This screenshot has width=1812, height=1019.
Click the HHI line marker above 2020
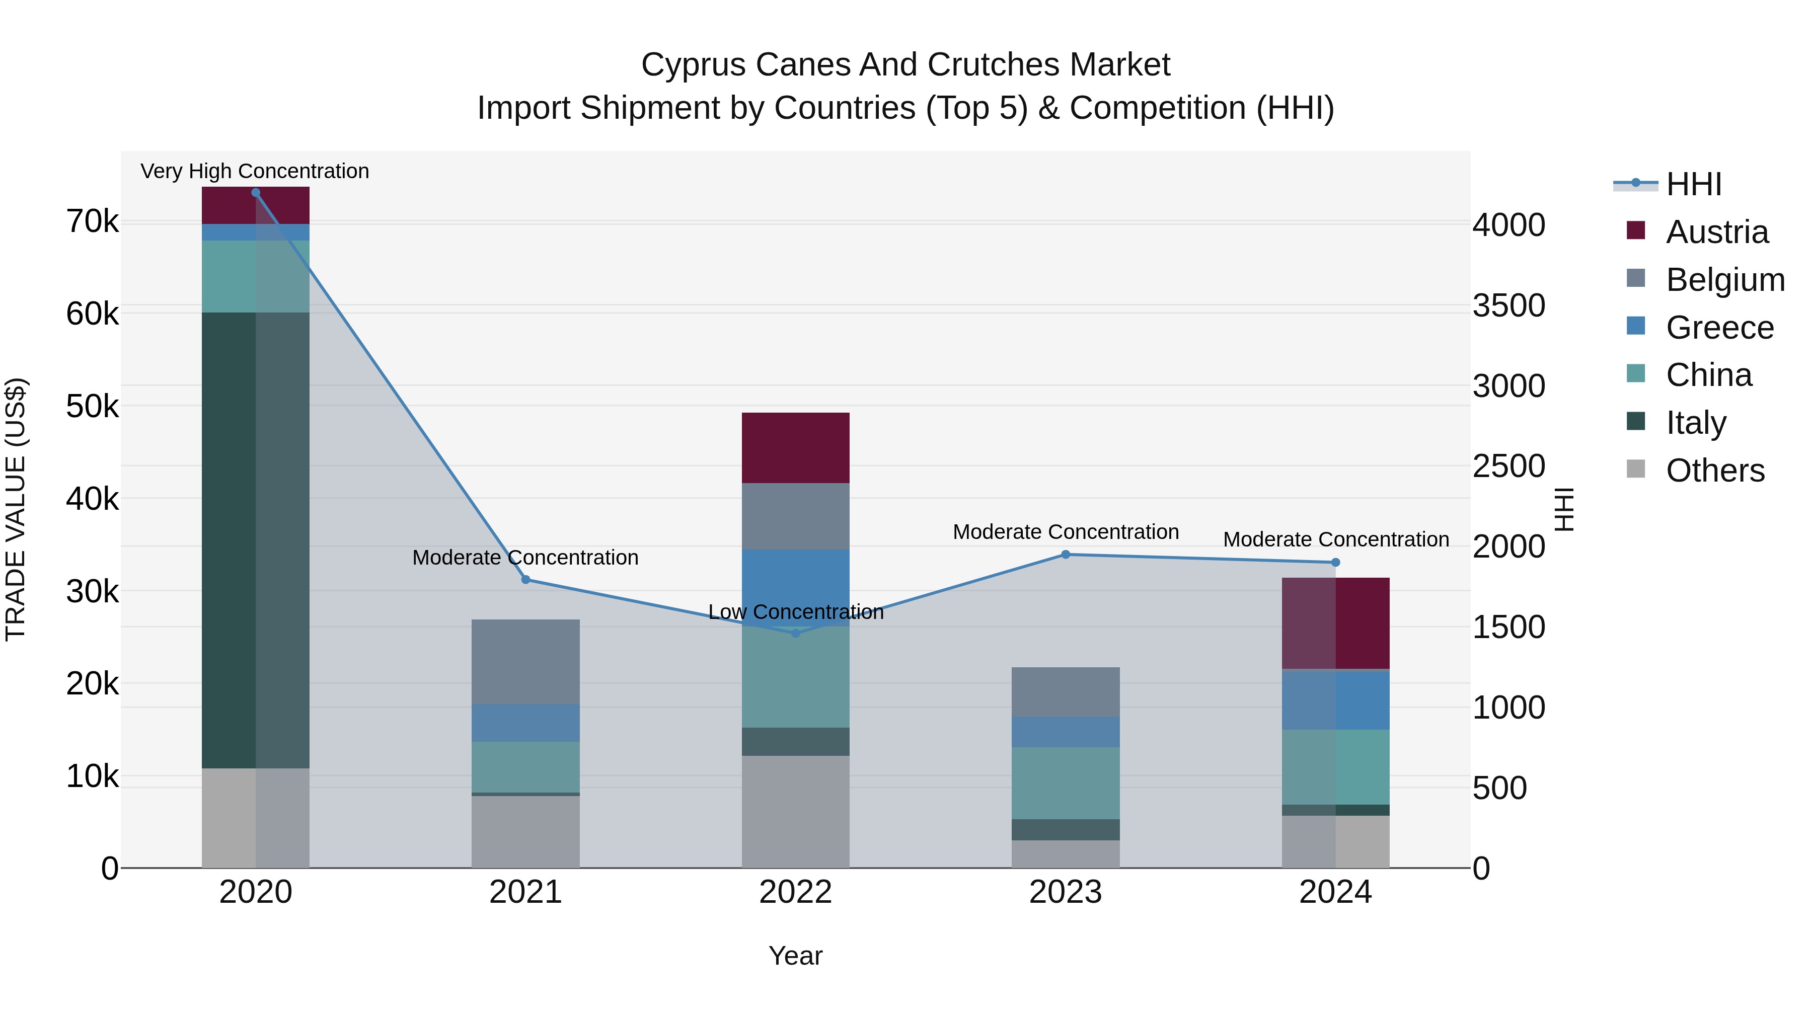tap(255, 193)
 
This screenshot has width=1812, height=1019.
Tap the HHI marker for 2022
tap(796, 634)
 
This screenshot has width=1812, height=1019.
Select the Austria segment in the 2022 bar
tap(796, 448)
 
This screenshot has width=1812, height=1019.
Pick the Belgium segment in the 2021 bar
tap(525, 662)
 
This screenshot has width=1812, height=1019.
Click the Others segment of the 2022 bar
tap(796, 812)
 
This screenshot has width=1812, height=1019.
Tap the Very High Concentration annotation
tap(255, 172)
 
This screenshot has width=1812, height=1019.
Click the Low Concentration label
tap(796, 612)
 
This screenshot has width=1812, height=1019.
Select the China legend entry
tap(1709, 375)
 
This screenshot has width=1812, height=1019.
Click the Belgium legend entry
tap(1725, 280)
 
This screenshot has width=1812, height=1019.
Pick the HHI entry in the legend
tap(1693, 184)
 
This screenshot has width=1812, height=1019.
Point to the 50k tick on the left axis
tap(92, 407)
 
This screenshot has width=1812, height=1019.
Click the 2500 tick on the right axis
tap(1509, 466)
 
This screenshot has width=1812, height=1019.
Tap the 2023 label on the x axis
tap(1066, 892)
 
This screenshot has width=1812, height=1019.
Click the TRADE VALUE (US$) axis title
tap(16, 509)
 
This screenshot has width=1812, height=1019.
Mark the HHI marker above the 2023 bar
tap(1066, 555)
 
